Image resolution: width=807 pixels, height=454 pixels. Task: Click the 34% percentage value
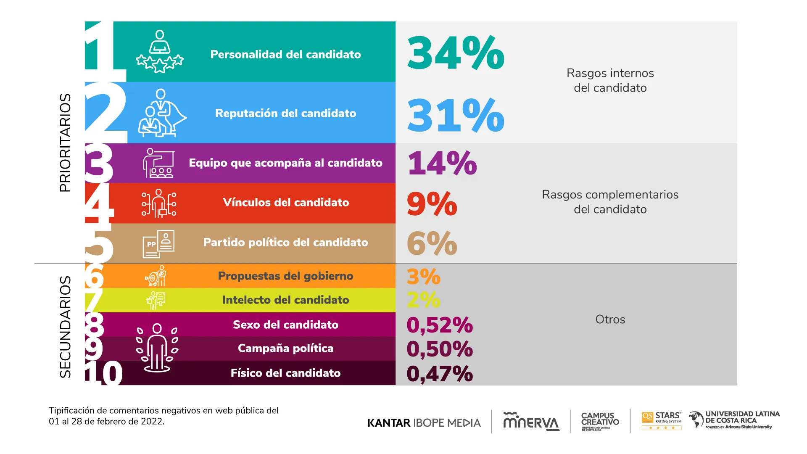click(456, 53)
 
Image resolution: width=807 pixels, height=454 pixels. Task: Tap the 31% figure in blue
click(456, 115)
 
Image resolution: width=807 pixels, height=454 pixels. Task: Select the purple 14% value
click(442, 163)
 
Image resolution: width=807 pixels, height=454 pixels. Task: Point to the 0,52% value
click(440, 325)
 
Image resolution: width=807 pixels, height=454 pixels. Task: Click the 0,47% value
click(440, 374)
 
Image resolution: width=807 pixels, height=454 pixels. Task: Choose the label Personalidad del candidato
click(285, 55)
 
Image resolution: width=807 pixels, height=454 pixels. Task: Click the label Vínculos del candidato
click(286, 203)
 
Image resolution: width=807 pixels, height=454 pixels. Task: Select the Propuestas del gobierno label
click(285, 276)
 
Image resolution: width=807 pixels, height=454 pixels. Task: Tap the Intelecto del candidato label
click(285, 300)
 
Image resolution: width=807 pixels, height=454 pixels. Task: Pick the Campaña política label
click(285, 348)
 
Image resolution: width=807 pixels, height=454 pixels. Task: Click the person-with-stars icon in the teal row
click(160, 52)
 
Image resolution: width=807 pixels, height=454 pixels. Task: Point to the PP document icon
click(158, 244)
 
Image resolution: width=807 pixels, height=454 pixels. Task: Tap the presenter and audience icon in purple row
click(158, 163)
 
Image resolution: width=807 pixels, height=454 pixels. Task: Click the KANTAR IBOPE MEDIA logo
click(424, 423)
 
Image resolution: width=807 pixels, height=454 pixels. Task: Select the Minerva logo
click(531, 422)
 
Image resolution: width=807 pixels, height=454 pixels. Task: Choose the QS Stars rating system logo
click(662, 421)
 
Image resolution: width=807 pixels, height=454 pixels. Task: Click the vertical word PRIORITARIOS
click(65, 143)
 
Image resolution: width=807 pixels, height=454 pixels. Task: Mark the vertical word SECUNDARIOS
click(65, 327)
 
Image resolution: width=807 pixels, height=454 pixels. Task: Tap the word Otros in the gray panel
click(610, 319)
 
